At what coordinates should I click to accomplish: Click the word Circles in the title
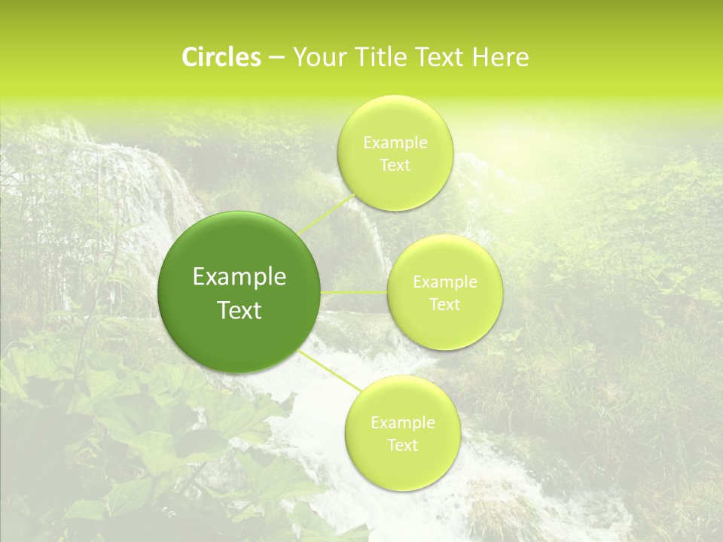click(x=221, y=57)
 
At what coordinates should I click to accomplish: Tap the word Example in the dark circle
click(x=239, y=277)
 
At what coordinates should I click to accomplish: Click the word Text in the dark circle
click(x=239, y=310)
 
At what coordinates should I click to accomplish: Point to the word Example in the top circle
click(x=395, y=142)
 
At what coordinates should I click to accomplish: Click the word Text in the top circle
click(x=395, y=165)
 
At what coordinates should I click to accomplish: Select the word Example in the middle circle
click(x=444, y=282)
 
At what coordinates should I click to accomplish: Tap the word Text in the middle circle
click(x=444, y=305)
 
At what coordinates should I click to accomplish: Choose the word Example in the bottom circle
click(x=402, y=423)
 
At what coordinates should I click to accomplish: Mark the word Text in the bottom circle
click(x=402, y=446)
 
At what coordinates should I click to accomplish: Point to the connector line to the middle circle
click(x=354, y=292)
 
